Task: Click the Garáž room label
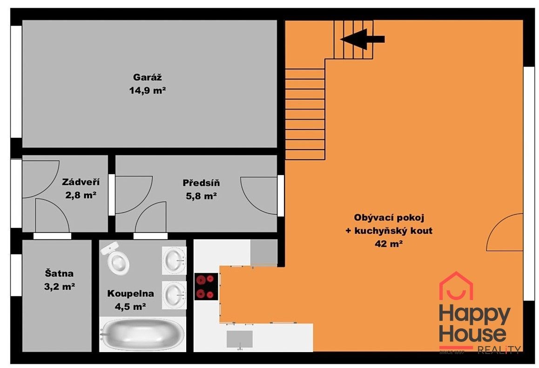point(147,77)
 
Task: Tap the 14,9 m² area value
point(148,90)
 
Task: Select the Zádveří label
point(81,182)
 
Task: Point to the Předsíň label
point(201,183)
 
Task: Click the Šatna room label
point(59,273)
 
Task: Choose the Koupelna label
point(131,293)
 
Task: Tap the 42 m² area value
point(389,244)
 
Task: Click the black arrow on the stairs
point(363,39)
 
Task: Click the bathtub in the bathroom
point(142,334)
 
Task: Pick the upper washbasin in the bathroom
point(174,260)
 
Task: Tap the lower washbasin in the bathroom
point(174,295)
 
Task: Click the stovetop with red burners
point(206,286)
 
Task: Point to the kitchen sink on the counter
point(240,340)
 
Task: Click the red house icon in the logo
point(456,286)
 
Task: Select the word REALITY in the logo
point(499,350)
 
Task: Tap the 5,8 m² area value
point(201,196)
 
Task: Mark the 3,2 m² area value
point(60,286)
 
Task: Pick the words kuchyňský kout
point(393,231)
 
